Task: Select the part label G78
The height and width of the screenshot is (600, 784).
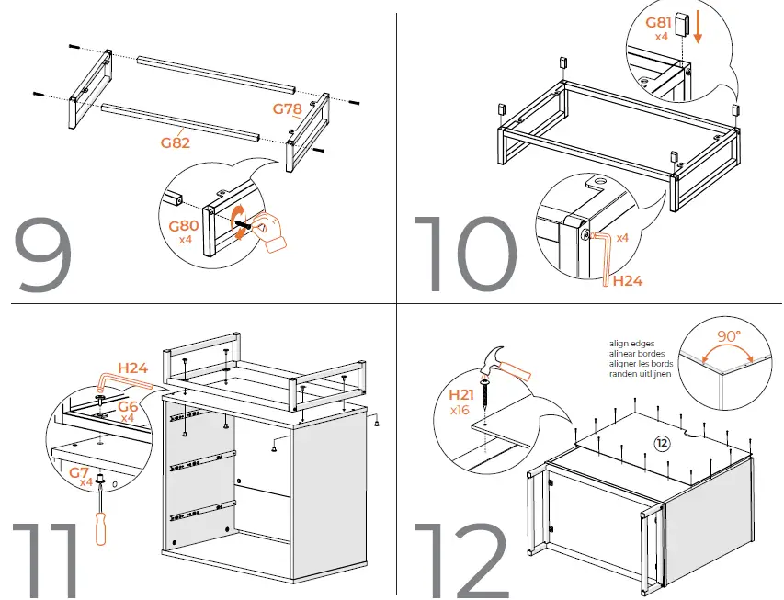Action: point(288,108)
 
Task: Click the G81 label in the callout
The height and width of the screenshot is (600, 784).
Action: point(659,23)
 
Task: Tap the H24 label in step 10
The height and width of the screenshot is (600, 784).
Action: point(627,281)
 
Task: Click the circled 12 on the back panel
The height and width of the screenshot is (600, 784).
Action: point(662,443)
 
